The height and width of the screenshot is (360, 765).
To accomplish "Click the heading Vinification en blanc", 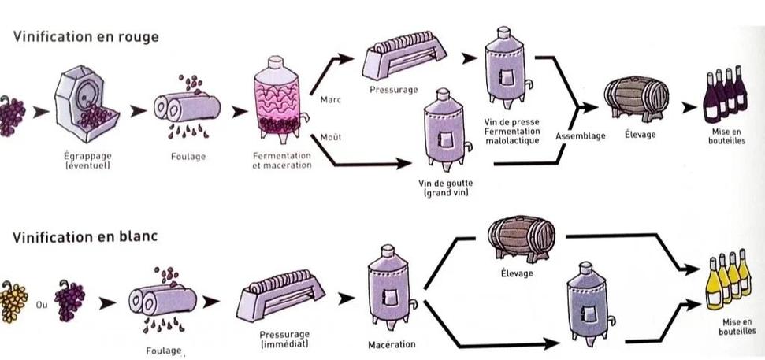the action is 85,237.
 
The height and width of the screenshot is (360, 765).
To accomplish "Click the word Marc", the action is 330,100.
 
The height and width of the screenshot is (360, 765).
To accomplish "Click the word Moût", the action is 330,138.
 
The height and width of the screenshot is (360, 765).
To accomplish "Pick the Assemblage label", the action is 580,136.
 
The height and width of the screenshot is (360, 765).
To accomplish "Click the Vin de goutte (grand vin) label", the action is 445,187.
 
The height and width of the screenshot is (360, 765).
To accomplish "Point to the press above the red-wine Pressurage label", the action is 403,55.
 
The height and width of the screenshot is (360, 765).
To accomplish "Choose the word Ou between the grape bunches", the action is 42,305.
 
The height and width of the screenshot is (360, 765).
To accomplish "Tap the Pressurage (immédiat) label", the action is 284,340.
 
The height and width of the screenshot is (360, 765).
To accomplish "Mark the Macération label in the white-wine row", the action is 392,344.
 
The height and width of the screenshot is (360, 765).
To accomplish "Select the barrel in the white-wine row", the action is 522,239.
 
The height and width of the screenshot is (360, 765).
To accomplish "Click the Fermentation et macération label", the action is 282,161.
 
